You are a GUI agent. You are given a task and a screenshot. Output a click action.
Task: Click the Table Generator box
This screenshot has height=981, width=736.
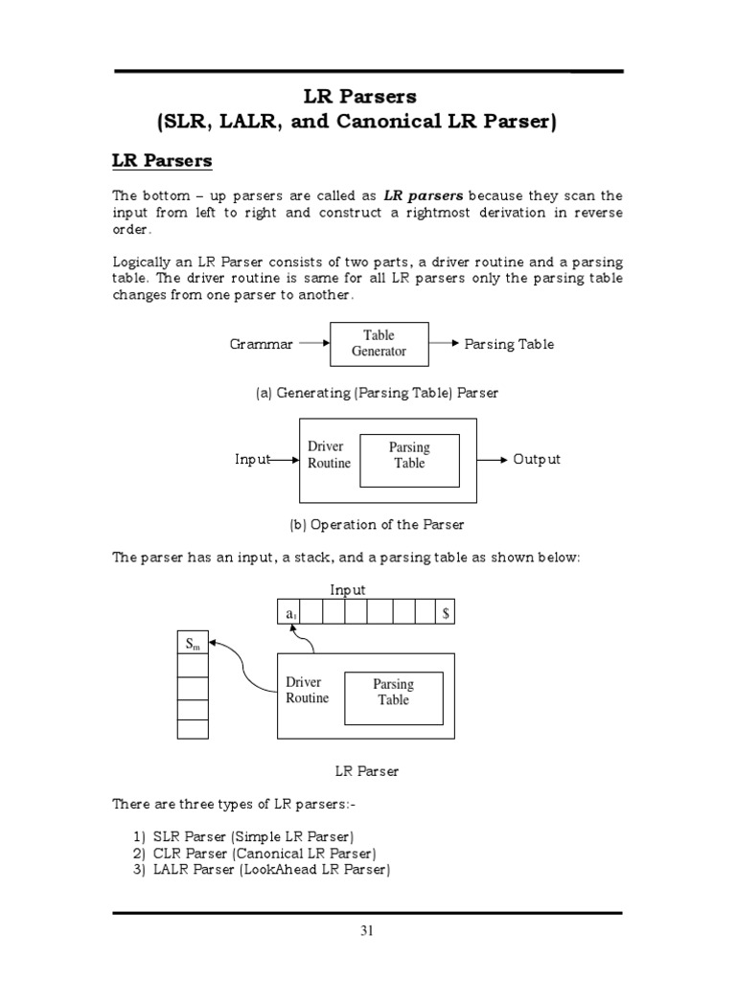(x=379, y=344)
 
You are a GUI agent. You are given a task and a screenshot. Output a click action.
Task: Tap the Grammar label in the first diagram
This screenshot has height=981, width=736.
(x=262, y=345)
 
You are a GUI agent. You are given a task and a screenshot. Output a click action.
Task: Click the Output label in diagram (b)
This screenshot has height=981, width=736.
(x=538, y=460)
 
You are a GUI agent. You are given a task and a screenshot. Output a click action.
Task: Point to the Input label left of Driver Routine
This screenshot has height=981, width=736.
(x=252, y=460)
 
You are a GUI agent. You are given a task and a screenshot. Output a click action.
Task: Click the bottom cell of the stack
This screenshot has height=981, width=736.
(x=193, y=729)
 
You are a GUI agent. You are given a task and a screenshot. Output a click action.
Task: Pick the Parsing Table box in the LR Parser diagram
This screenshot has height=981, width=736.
(x=393, y=693)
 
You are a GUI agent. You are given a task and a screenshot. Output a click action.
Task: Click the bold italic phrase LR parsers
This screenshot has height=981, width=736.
(x=425, y=196)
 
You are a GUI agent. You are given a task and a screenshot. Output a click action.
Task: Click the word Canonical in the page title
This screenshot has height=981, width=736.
(x=399, y=123)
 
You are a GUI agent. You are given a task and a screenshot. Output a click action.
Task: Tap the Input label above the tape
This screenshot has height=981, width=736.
(x=348, y=590)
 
